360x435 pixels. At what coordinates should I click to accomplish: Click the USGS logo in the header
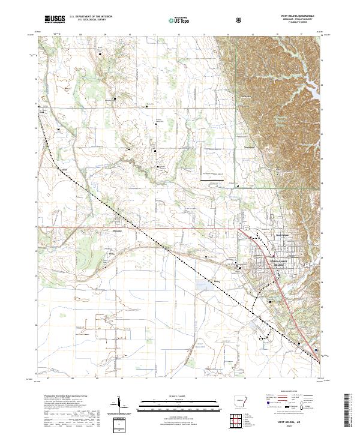coord(55,19)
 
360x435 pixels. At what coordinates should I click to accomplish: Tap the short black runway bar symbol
coord(214,178)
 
